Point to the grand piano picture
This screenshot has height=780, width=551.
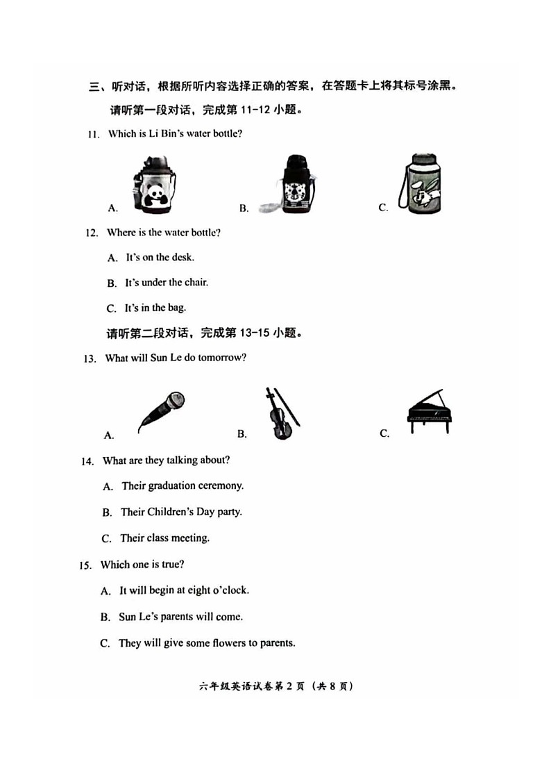(429, 411)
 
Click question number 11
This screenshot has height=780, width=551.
(93, 135)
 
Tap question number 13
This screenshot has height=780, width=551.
(89, 359)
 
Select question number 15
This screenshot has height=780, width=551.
(85, 565)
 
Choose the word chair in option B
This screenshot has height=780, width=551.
(196, 283)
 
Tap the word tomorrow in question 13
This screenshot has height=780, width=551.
(222, 358)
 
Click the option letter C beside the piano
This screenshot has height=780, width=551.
(384, 434)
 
